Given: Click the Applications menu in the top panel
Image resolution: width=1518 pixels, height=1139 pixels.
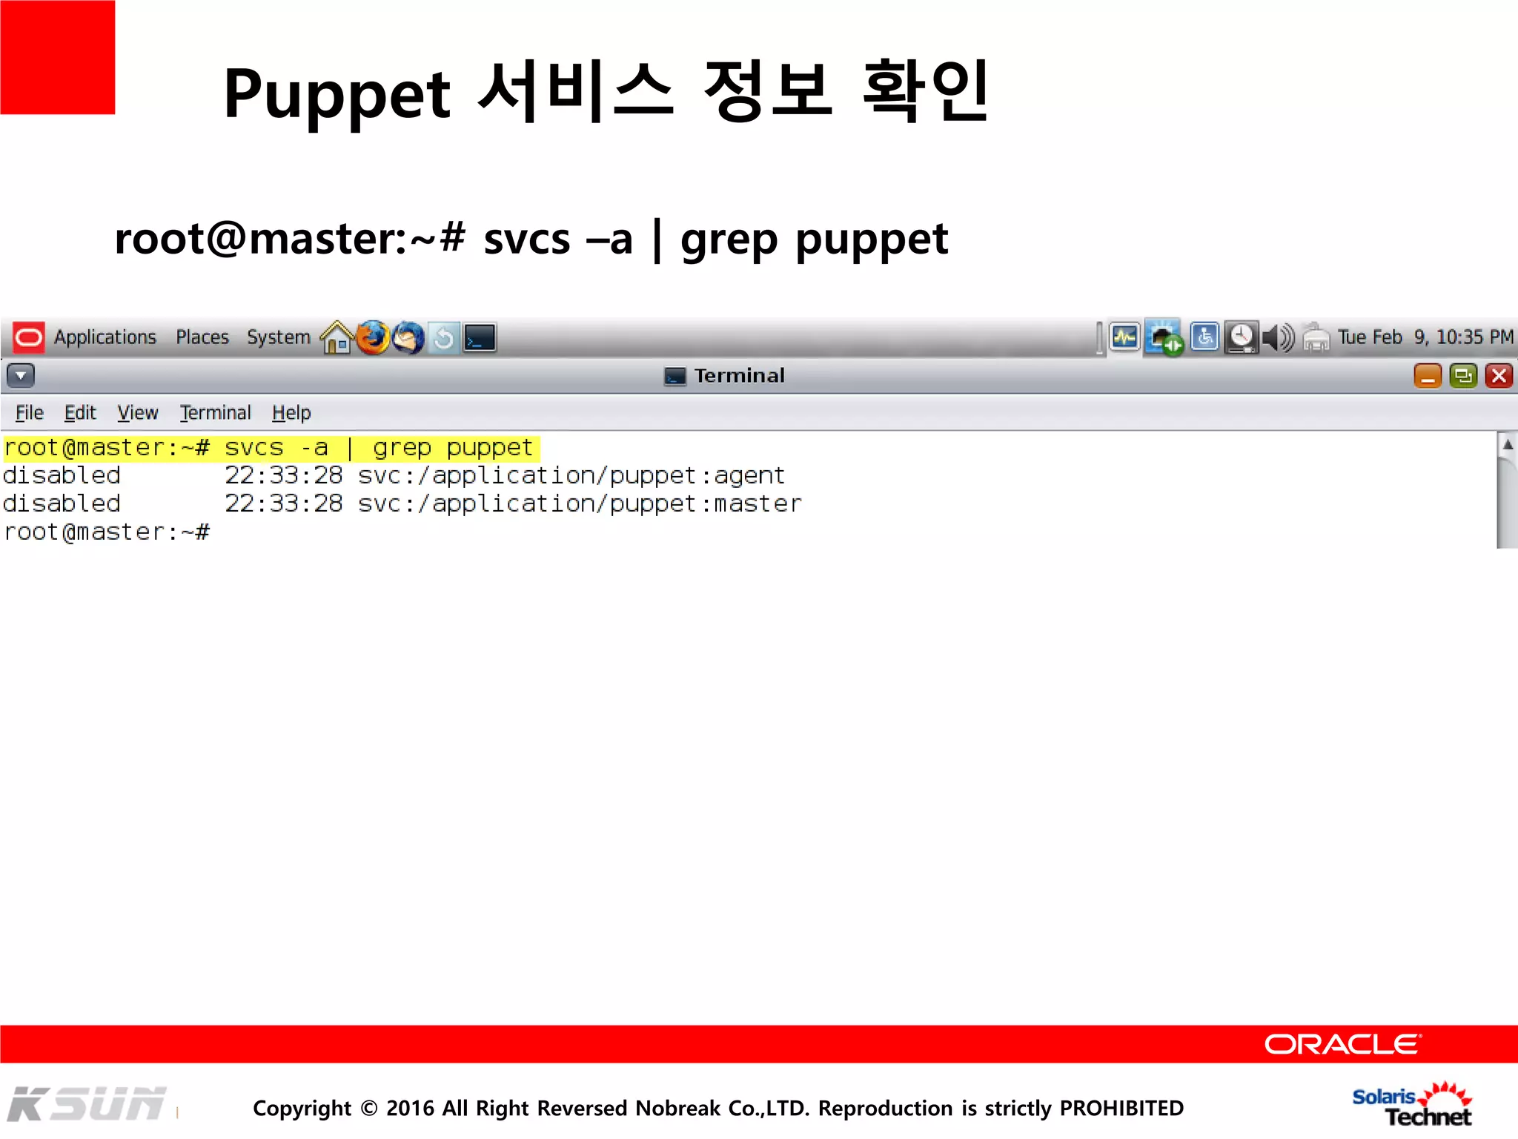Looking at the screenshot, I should (105, 337).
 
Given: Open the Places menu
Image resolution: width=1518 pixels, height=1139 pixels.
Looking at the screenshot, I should (202, 337).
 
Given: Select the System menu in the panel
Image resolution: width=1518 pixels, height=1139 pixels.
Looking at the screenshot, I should (278, 337).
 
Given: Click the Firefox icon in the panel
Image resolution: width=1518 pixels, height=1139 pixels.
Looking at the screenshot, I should (373, 338).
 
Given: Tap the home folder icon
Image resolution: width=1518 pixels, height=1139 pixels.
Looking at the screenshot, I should (337, 338).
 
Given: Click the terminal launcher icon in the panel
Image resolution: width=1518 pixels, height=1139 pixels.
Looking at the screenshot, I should (480, 338).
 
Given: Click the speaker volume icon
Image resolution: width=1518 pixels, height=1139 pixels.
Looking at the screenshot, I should (1278, 338).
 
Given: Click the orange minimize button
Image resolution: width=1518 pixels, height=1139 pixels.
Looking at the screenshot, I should (1428, 376).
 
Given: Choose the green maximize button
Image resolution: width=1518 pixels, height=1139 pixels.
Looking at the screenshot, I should (1463, 376).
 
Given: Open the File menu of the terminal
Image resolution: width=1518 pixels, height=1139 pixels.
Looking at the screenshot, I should (30, 413).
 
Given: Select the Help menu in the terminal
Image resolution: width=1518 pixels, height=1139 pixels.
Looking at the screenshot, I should (291, 413).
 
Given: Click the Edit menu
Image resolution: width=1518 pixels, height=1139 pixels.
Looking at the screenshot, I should (80, 413).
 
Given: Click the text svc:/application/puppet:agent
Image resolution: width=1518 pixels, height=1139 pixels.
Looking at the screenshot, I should (571, 475).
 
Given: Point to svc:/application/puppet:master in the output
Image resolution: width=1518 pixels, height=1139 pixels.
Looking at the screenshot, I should (580, 504).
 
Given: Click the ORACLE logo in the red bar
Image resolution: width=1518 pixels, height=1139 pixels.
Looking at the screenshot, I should (1342, 1044).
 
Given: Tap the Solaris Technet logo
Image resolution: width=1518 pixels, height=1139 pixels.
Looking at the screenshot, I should (1412, 1105).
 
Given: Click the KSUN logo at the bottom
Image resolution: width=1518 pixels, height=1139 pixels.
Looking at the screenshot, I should (87, 1104).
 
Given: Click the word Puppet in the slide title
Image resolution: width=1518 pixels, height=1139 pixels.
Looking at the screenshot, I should (337, 94).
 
